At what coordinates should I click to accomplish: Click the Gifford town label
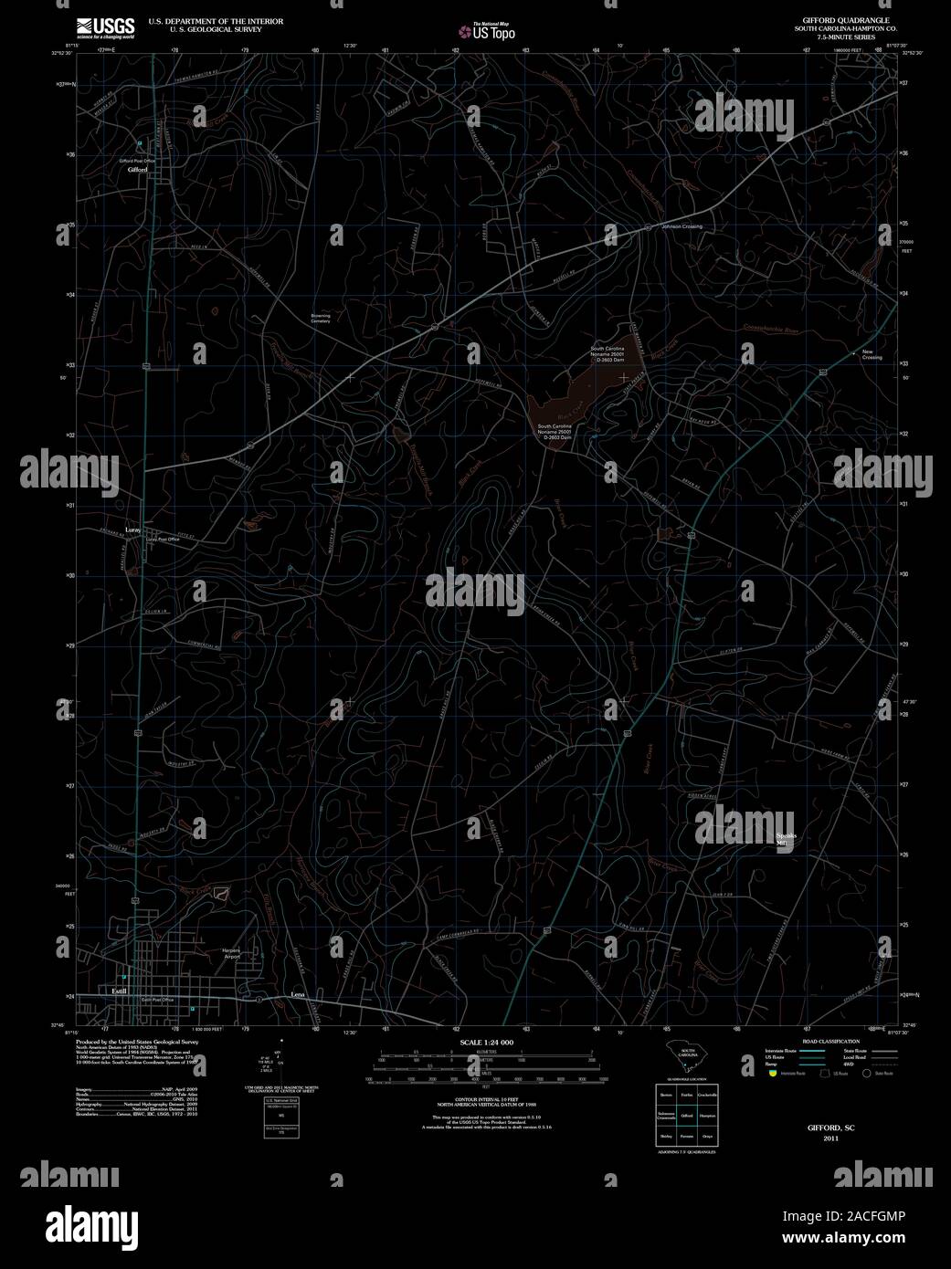(138, 170)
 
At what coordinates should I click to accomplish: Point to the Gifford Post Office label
(137, 161)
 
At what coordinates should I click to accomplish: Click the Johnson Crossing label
(682, 226)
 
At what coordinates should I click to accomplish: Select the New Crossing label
(872, 355)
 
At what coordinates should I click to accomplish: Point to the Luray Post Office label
(163, 539)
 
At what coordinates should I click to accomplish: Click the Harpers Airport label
(230, 953)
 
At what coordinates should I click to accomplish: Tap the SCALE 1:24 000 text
(486, 1043)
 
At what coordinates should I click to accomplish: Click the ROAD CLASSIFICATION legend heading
(829, 1042)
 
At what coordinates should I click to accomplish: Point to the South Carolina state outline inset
(686, 1056)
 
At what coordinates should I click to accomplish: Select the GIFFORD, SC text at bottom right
(830, 1128)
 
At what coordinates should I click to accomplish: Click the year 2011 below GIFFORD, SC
(830, 1138)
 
